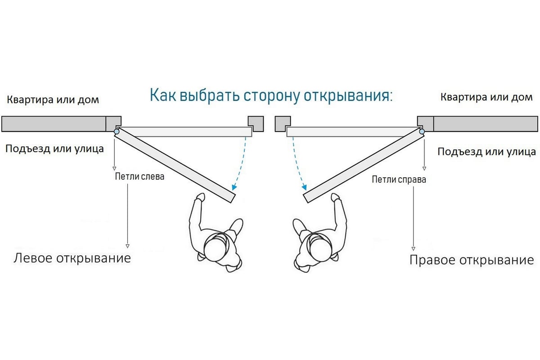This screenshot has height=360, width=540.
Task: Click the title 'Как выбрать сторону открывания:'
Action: pyautogui.click(x=271, y=96)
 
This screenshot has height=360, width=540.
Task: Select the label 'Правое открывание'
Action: pyautogui.click(x=472, y=260)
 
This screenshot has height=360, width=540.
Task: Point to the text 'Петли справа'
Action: pyautogui.click(x=399, y=180)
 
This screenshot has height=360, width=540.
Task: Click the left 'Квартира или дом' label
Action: pyautogui.click(x=53, y=99)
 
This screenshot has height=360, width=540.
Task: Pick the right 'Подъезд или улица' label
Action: pyautogui.click(x=486, y=152)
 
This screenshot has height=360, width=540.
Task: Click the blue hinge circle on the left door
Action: pyautogui.click(x=117, y=131)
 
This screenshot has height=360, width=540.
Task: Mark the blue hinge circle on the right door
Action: pyautogui.click(x=422, y=131)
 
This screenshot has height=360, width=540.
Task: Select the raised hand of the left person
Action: pyautogui.click(x=200, y=197)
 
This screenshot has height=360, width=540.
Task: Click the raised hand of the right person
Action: pyautogui.click(x=335, y=197)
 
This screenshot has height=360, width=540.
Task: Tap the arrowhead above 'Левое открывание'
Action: pyautogui.click(x=127, y=246)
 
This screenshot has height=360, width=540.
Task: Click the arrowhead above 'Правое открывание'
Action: pyautogui.click(x=413, y=248)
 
